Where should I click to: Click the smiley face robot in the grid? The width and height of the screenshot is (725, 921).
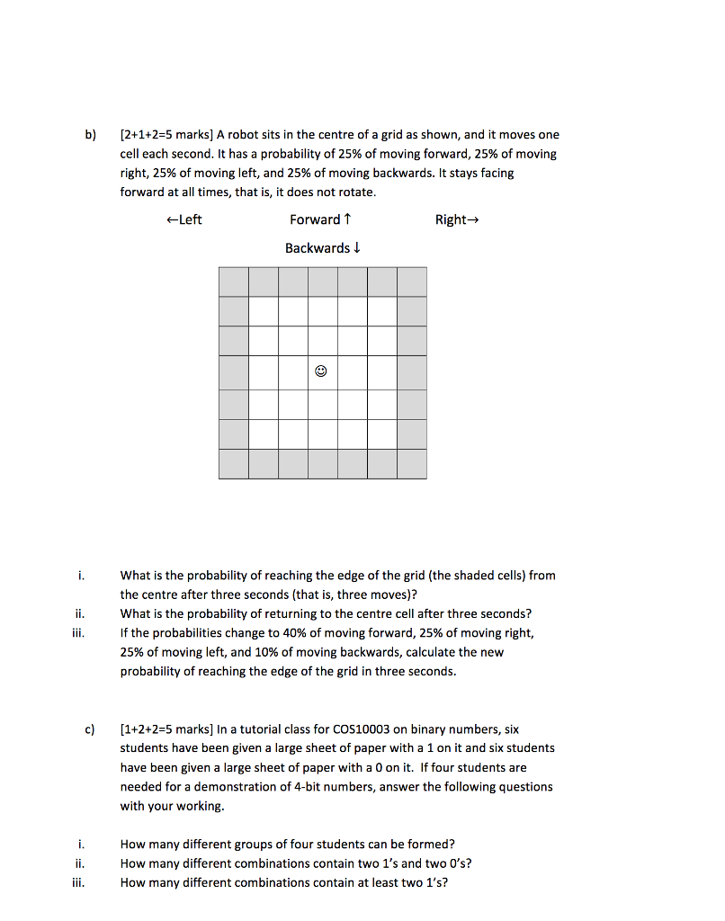322,371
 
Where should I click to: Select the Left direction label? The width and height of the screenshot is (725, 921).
184,219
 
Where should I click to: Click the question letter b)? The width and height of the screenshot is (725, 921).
90,135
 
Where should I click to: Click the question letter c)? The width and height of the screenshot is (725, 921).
90,729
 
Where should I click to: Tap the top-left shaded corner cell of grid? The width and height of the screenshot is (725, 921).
233,282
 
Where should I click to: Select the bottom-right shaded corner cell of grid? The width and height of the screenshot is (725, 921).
412,464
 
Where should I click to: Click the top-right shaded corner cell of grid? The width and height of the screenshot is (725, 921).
412,282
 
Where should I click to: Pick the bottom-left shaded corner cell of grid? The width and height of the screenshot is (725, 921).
233,464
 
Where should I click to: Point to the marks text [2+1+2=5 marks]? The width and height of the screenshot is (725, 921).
166,135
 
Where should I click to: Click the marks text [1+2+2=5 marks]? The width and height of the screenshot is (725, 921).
166,729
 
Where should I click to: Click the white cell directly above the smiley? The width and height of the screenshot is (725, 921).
322,341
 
